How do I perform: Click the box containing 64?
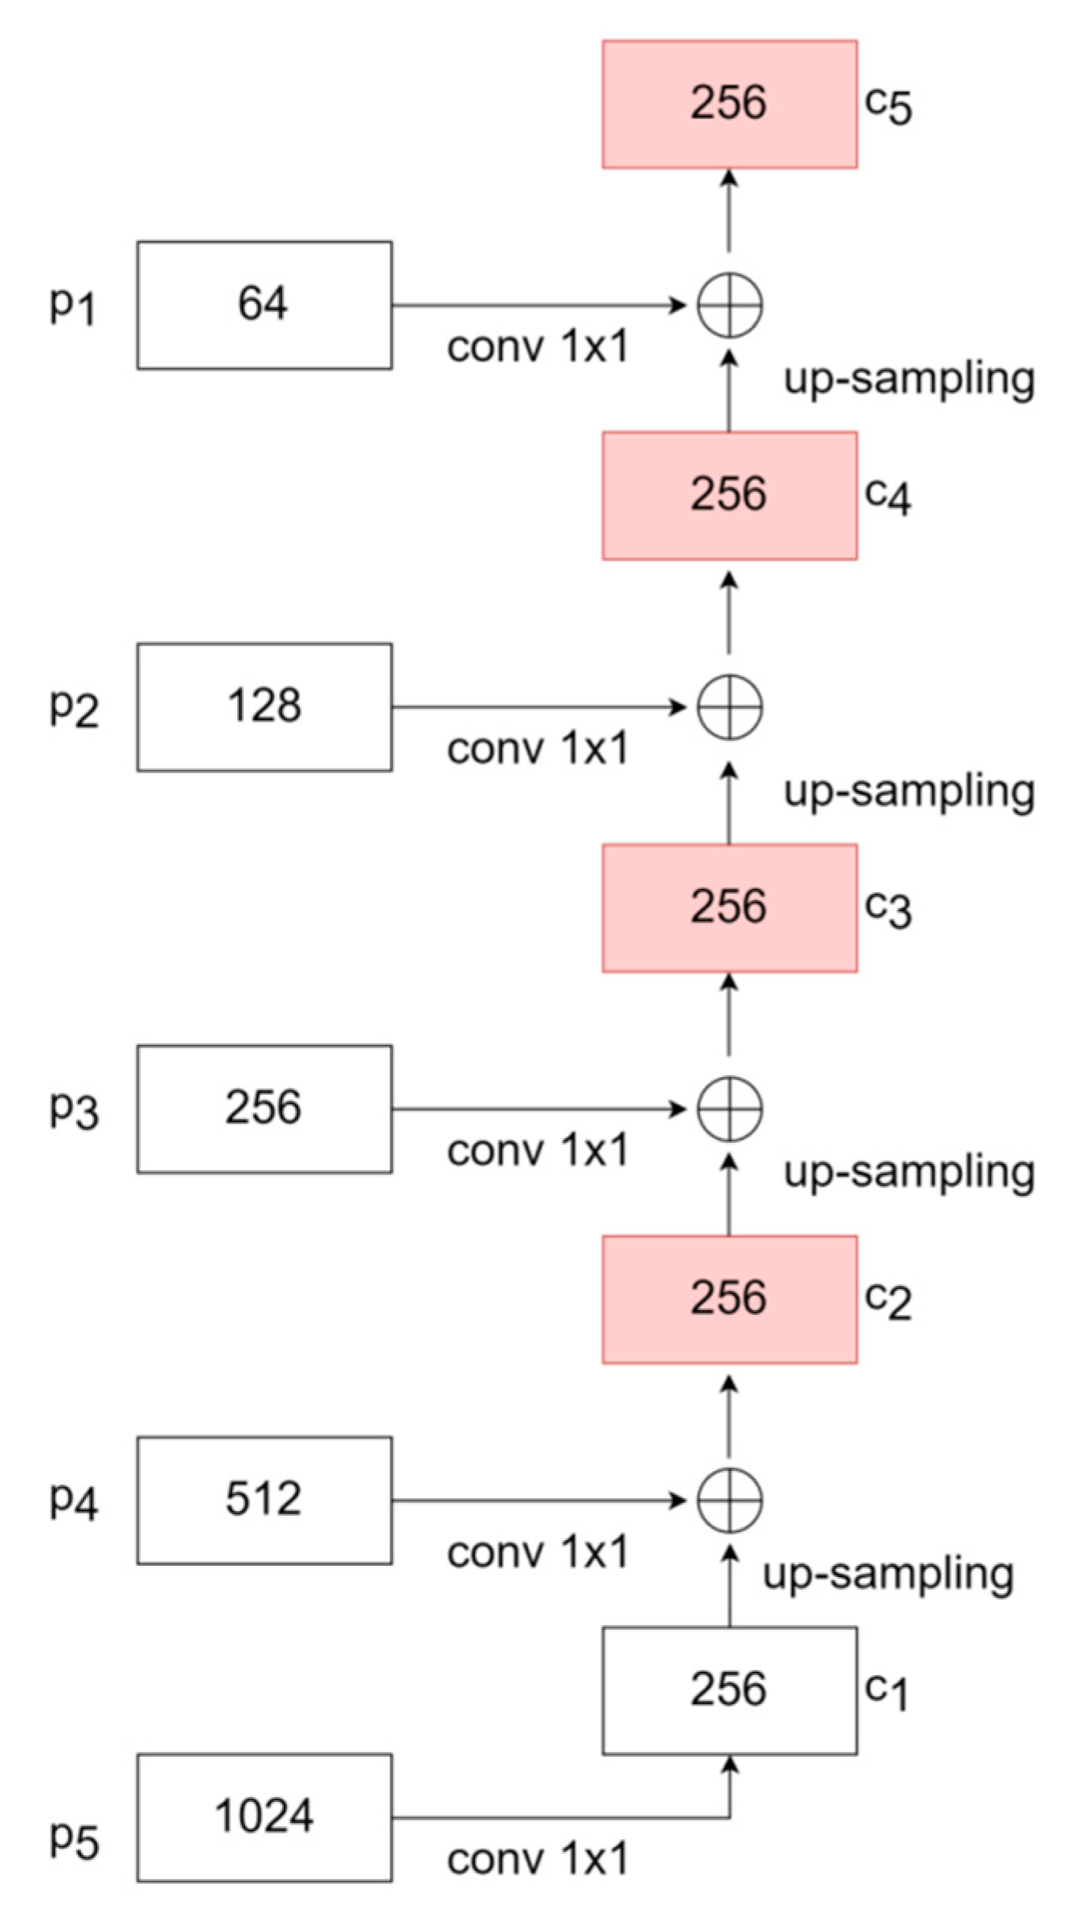264,305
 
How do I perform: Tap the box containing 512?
264,1500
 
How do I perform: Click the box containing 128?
264,707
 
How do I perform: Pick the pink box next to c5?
729,104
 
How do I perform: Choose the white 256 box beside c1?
729,1690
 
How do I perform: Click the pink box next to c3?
729,907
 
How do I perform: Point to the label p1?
72,305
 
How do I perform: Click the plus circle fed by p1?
729,305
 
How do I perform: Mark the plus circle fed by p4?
729,1500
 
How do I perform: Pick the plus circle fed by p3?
729,1109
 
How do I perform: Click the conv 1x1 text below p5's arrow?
537,1859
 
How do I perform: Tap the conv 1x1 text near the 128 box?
537,748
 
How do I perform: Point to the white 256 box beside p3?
264,1108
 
